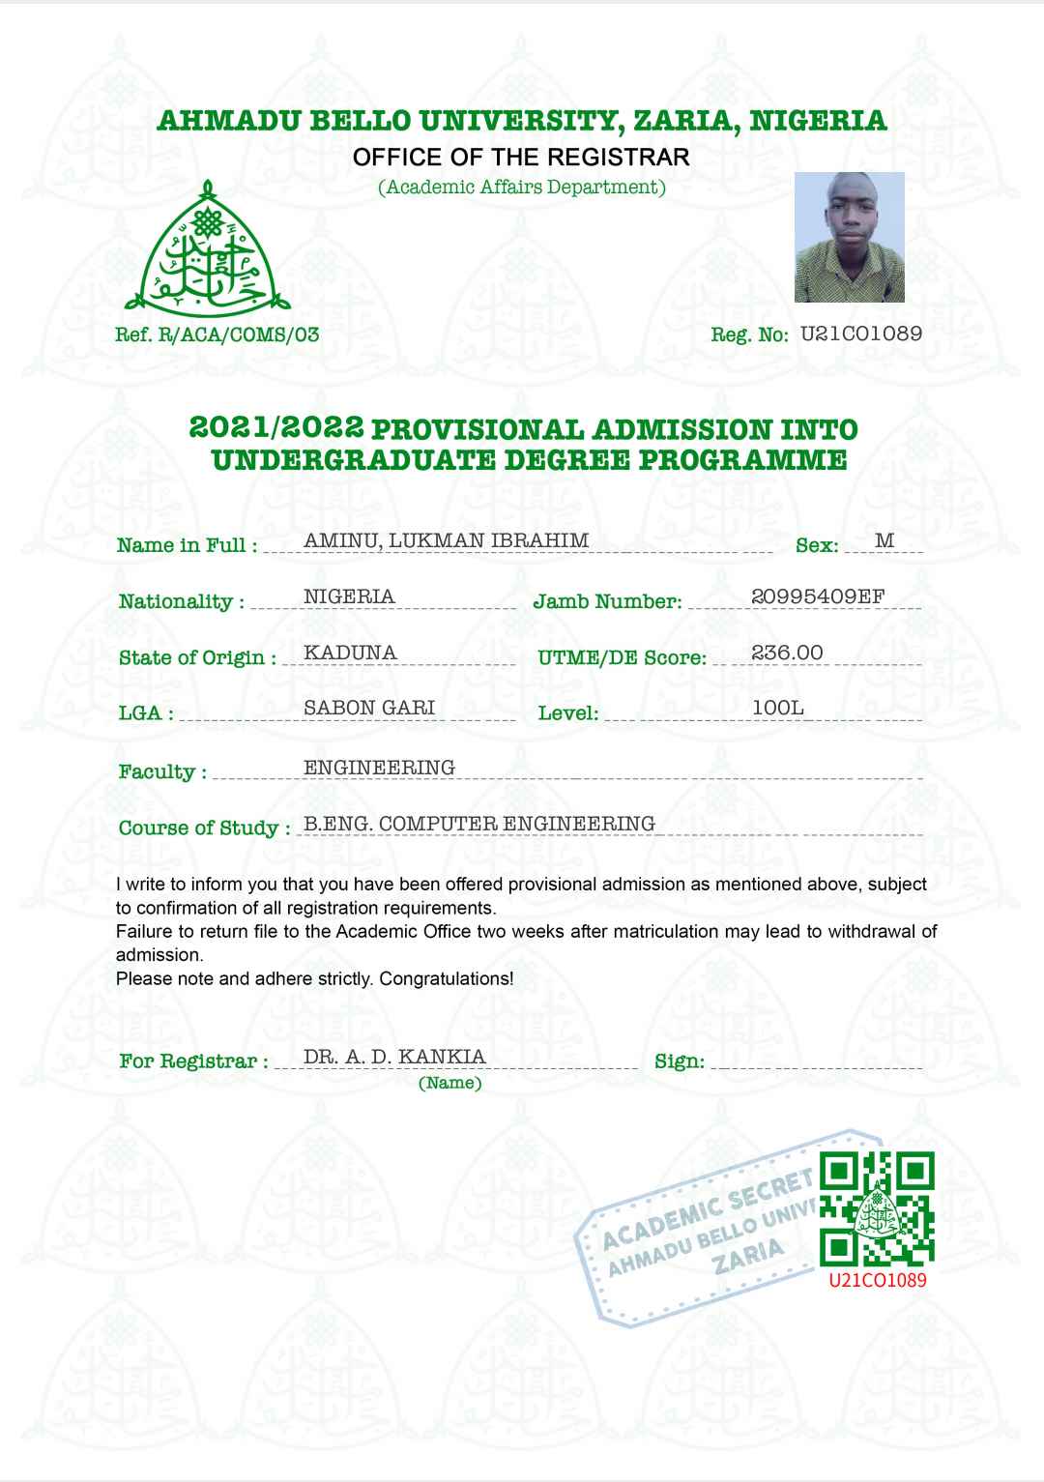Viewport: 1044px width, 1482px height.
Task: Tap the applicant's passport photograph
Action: click(849, 237)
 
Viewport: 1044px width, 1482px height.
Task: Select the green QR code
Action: click(877, 1209)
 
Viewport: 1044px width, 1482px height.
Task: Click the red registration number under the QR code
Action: click(878, 1280)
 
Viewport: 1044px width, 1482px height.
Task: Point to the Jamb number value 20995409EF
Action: click(818, 596)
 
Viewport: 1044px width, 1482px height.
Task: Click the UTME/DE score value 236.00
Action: click(787, 653)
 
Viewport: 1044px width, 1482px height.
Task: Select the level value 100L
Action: click(777, 708)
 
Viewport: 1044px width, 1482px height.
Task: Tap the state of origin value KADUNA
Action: click(350, 653)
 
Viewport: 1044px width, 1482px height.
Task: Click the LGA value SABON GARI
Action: click(369, 708)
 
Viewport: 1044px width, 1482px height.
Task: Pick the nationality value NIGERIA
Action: click(349, 596)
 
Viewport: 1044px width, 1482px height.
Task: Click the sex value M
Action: click(884, 540)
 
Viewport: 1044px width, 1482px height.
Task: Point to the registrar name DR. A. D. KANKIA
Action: click(394, 1057)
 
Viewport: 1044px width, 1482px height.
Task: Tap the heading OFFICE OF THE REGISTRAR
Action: click(521, 157)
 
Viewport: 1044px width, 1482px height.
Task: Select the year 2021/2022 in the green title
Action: click(276, 427)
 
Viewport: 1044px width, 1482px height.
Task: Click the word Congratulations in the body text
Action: click(446, 978)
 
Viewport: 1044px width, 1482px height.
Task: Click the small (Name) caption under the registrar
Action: click(449, 1083)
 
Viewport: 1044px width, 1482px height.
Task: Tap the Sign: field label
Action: click(679, 1061)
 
